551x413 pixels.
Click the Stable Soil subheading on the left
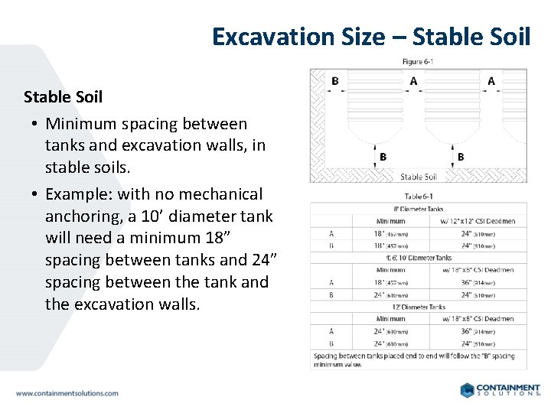pyautogui.click(x=63, y=97)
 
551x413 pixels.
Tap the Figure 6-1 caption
pyautogui.click(x=418, y=62)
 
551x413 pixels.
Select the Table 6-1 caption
pyautogui.click(x=418, y=196)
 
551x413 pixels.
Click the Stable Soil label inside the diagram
pyautogui.click(x=418, y=177)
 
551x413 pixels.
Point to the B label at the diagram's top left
pyautogui.click(x=335, y=81)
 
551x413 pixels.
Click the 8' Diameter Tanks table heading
pyautogui.click(x=418, y=209)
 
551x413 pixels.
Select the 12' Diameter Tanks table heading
pyautogui.click(x=418, y=307)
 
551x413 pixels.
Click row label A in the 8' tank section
pyautogui.click(x=331, y=234)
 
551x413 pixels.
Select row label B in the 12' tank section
pyautogui.click(x=331, y=343)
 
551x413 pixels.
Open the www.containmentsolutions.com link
pyautogui.click(x=67, y=393)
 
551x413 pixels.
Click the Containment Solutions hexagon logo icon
pyautogui.click(x=468, y=390)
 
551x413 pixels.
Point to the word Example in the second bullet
pyautogui.click(x=77, y=194)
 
